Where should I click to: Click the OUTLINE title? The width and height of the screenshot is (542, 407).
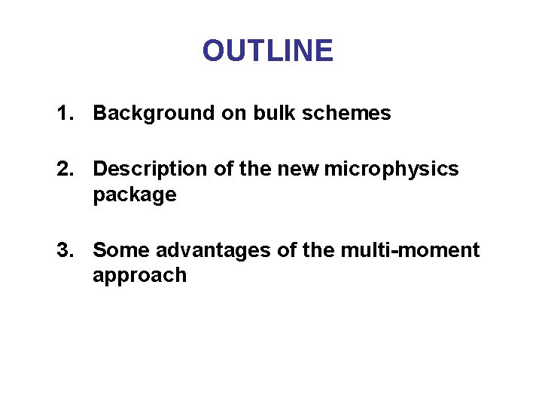[x=267, y=50]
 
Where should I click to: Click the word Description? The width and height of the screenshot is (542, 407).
[x=151, y=170]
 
